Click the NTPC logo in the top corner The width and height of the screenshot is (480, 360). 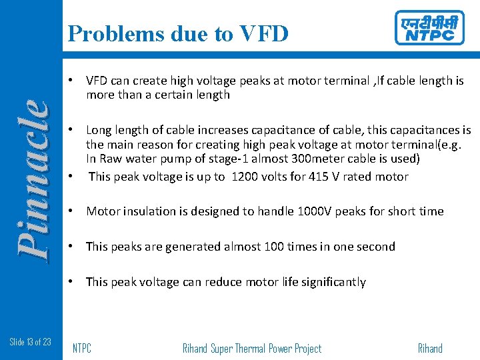tap(429, 28)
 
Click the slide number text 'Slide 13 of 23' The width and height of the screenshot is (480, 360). tap(30, 342)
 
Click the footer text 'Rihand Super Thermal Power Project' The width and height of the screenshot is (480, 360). tap(251, 349)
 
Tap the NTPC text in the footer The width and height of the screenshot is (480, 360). tap(81, 349)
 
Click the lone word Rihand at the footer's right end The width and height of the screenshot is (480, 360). tap(430, 349)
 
